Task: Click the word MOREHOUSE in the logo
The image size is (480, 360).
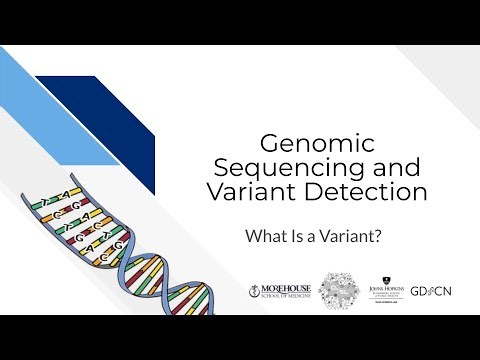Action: (285, 287)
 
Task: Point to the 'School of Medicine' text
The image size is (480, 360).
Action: (285, 297)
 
